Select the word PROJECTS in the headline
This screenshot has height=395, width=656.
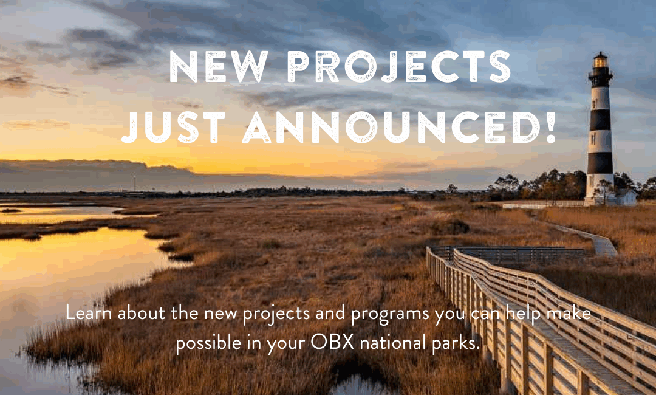pos(400,67)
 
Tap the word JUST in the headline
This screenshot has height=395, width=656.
pos(173,128)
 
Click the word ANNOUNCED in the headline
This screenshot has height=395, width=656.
pos(391,128)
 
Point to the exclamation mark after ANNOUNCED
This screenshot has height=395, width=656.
pos(550,128)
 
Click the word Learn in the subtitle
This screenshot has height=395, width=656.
pos(89,313)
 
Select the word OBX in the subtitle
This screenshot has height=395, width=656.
pos(332,343)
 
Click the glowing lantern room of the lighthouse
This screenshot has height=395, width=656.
pos(600,61)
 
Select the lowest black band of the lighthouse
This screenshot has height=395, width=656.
pos(600,163)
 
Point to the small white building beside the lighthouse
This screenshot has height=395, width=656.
pos(625,197)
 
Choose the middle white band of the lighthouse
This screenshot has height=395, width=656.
pos(600,142)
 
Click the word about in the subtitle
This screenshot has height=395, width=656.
pos(142,313)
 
